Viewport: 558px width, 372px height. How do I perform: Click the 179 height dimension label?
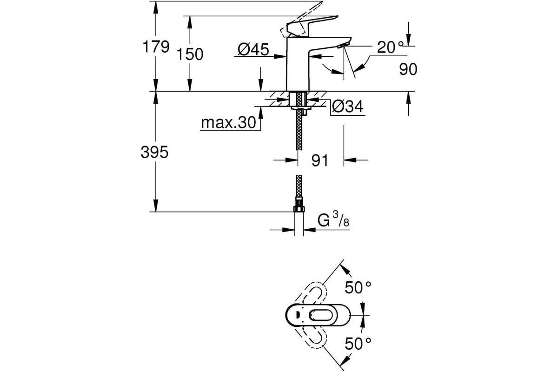tap(156, 46)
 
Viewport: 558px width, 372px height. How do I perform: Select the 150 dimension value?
tap(190, 54)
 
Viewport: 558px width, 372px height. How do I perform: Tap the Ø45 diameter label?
tap(253, 49)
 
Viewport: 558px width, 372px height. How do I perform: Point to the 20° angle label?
tap(390, 47)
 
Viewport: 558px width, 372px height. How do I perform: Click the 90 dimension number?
tap(408, 69)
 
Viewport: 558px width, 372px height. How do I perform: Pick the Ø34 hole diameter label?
tap(348, 106)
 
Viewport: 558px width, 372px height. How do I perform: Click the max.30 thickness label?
tap(228, 122)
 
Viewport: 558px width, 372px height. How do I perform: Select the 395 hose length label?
tap(154, 152)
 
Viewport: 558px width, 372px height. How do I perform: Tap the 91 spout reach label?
tap(320, 160)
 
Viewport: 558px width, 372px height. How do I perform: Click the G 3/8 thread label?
tap(333, 219)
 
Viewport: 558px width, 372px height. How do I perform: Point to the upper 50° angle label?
tap(358, 287)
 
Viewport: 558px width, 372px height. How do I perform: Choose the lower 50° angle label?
tap(358, 344)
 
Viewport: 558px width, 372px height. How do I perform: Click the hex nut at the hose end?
tap(299, 208)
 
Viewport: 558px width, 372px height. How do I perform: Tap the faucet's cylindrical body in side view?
tap(298, 64)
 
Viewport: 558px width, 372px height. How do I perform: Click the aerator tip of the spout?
tap(344, 45)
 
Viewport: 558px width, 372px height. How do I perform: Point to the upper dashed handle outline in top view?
tap(310, 295)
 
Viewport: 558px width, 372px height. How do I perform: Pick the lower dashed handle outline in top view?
tap(310, 336)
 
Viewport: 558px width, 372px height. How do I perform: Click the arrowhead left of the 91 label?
tap(292, 160)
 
